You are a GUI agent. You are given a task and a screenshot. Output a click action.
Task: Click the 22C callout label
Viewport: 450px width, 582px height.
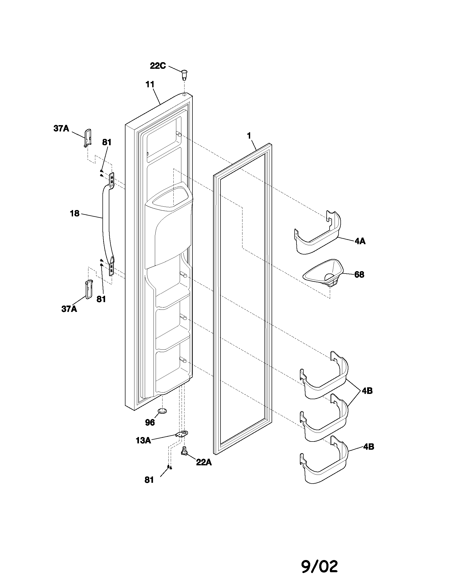point(158,66)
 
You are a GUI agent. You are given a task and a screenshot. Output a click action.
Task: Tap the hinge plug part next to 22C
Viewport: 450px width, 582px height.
point(184,75)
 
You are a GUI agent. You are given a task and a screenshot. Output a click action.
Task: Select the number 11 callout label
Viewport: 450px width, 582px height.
point(150,85)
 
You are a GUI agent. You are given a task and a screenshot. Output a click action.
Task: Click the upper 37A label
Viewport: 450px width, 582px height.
point(61,129)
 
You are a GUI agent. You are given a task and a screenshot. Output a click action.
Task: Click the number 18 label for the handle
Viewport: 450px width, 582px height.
point(75,213)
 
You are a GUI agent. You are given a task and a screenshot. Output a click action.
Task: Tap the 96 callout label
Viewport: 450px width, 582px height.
point(150,422)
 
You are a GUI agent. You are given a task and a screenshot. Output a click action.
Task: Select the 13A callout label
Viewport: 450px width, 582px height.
point(143,440)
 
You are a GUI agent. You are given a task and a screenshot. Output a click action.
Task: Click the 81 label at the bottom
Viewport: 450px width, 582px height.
point(149,480)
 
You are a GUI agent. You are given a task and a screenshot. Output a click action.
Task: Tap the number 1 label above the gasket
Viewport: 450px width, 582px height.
point(249,136)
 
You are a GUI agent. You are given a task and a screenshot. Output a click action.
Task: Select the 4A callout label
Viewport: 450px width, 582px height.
point(360,242)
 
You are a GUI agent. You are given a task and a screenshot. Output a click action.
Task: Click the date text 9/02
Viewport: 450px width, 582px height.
point(320,559)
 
